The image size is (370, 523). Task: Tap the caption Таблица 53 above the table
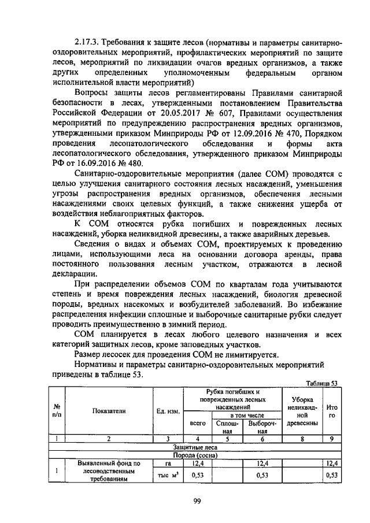[x=321, y=383]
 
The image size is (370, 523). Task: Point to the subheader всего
[x=198, y=423]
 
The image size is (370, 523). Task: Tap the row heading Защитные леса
[x=195, y=447]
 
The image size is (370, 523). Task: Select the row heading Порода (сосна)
[x=195, y=455]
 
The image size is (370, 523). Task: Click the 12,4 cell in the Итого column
[x=331, y=463]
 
